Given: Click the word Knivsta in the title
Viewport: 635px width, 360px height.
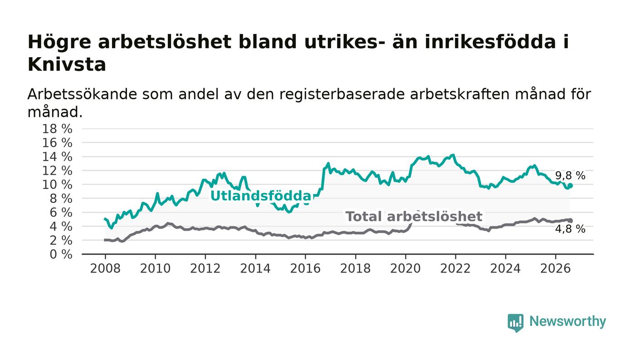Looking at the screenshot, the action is pos(67,65).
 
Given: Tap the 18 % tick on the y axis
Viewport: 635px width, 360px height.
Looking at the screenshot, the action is pos(57,129).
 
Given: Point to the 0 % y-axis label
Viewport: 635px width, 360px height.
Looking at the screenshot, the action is pos(61,254).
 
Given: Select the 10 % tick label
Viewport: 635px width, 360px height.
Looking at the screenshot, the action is pos(57,185).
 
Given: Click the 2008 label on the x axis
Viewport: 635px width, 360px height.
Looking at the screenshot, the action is pos(105,268).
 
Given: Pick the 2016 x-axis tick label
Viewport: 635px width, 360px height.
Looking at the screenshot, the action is pos(305,268).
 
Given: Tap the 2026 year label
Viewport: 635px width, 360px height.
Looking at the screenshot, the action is pos(555,268).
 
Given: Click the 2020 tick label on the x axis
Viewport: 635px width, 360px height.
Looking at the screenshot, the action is pos(405,268).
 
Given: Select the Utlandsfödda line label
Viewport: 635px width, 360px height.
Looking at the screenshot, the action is pos(261,196).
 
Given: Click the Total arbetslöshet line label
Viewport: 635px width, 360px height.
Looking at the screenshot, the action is pos(414,217).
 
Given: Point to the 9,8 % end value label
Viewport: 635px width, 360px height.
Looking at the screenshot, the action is pos(570,176).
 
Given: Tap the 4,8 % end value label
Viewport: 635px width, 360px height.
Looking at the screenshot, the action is pos(570,229).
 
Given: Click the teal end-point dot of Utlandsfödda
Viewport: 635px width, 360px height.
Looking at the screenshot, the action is pos(570,186).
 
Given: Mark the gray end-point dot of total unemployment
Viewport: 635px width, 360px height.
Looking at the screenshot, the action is pos(570,220).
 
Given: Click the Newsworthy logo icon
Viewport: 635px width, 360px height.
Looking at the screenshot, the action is pos(515,323).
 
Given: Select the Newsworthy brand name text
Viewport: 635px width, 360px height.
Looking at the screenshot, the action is pos(567,321).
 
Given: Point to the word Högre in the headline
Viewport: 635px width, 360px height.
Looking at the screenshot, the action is pos(59,43).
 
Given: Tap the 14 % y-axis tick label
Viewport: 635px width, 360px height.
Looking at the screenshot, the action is pos(57,157).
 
